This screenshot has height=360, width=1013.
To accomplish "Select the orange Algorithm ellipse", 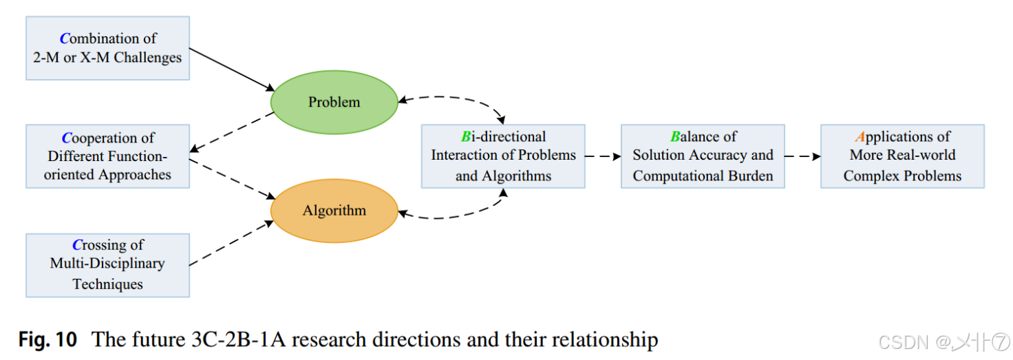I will [x=334, y=211].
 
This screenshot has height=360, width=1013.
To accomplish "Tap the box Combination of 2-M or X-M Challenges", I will [x=107, y=48].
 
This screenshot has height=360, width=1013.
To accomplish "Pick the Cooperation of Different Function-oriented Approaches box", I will [x=107, y=156].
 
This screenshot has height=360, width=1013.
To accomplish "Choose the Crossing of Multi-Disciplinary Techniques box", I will [x=107, y=265].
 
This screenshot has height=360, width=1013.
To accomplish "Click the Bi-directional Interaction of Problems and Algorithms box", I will [x=503, y=156].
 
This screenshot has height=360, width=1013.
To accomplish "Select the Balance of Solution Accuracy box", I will [x=703, y=156].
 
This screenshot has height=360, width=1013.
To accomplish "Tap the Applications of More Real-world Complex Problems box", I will [x=902, y=156].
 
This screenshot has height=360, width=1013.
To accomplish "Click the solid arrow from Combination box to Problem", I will [x=231, y=70].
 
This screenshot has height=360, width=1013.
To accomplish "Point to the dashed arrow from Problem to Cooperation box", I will [x=231, y=132].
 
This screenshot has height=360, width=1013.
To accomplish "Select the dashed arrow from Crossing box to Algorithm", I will [x=231, y=243].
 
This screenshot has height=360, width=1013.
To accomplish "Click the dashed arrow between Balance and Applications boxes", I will [x=802, y=156].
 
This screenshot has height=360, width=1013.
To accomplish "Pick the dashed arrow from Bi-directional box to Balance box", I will [x=603, y=156].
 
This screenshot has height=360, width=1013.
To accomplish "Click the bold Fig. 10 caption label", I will [x=47, y=339].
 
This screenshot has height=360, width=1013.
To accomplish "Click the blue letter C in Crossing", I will [x=77, y=245].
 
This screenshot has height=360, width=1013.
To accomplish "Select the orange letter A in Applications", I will [x=860, y=137].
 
